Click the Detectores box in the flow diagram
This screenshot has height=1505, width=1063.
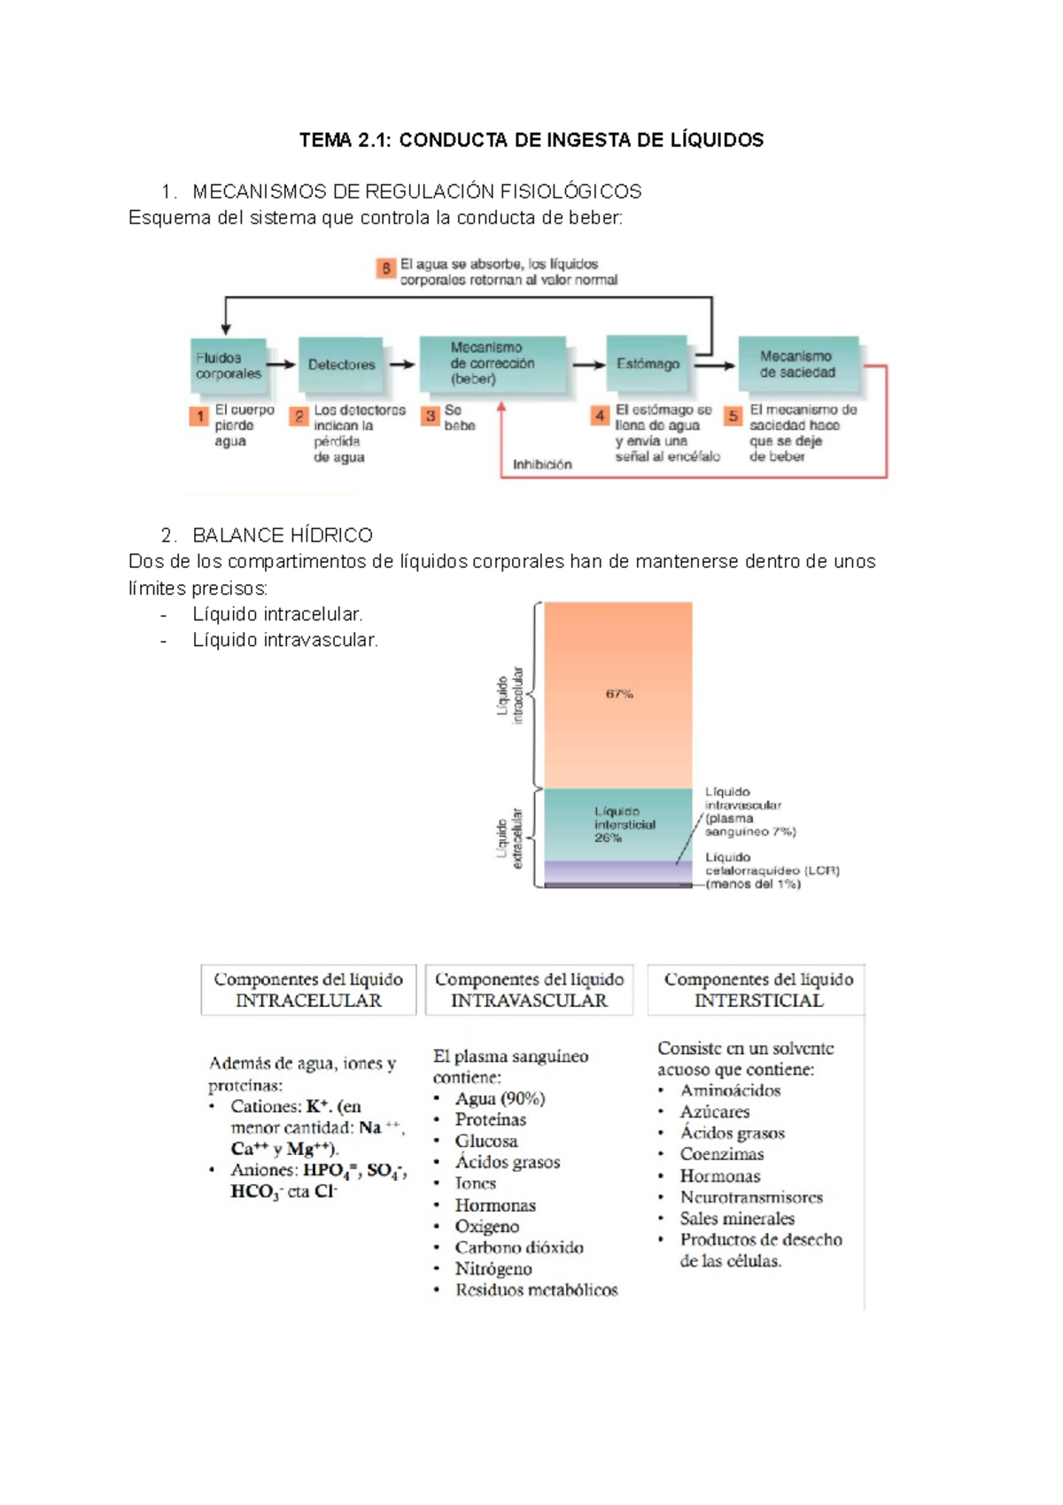[x=342, y=364]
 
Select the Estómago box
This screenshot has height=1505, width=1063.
[x=648, y=363]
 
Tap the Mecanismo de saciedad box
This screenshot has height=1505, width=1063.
[x=798, y=364]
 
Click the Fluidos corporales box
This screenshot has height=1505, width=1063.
[x=229, y=365]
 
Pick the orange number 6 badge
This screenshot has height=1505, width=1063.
[x=385, y=269]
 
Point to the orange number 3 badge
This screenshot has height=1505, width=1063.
[x=431, y=416]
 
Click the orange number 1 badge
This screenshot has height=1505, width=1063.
[x=200, y=416]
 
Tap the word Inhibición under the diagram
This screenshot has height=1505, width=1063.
[x=542, y=464]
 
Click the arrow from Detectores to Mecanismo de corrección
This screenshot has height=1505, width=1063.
[x=402, y=364]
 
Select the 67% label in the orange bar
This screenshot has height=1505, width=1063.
[x=619, y=694]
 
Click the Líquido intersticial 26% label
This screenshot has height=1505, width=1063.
[x=624, y=824]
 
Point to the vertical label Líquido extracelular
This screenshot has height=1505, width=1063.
[x=509, y=838]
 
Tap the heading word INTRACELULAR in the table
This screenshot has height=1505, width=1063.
[x=308, y=1001]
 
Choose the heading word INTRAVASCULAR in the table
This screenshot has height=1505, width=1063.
[x=529, y=1001]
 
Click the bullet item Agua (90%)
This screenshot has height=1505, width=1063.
[x=500, y=1098]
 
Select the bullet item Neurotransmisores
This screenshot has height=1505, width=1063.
[x=751, y=1197]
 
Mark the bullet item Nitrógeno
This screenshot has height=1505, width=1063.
[x=493, y=1268]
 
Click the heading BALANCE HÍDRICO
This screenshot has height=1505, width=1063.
[x=282, y=535]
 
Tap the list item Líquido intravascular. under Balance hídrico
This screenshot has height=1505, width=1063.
[x=285, y=640]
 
